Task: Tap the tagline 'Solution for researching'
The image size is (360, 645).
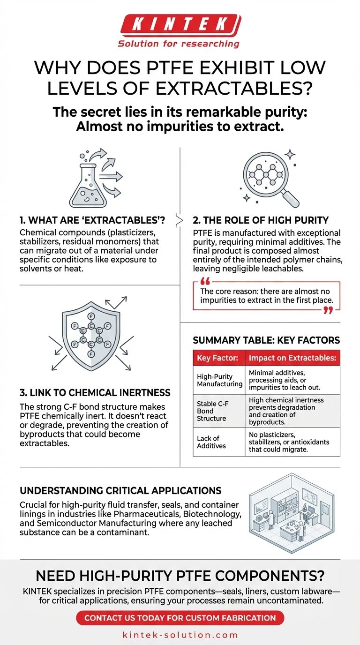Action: pyautogui.click(x=179, y=44)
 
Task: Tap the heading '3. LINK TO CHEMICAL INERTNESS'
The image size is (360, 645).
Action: pyautogui.click(x=95, y=393)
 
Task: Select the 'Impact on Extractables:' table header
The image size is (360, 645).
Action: pyautogui.click(x=292, y=358)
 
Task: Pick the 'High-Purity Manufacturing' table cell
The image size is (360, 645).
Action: pyautogui.click(x=218, y=380)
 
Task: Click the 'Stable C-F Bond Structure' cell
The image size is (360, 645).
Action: pyautogui.click(x=218, y=411)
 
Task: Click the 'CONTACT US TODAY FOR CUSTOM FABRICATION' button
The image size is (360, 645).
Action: pyautogui.click(x=180, y=617)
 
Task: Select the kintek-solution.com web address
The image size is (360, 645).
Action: pyautogui.click(x=180, y=635)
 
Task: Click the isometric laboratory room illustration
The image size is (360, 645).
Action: pyautogui.click(x=292, y=512)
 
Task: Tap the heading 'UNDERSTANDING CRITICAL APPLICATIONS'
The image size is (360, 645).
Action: pyautogui.click(x=120, y=491)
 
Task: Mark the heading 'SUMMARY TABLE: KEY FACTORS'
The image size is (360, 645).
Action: pyautogui.click(x=266, y=340)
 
